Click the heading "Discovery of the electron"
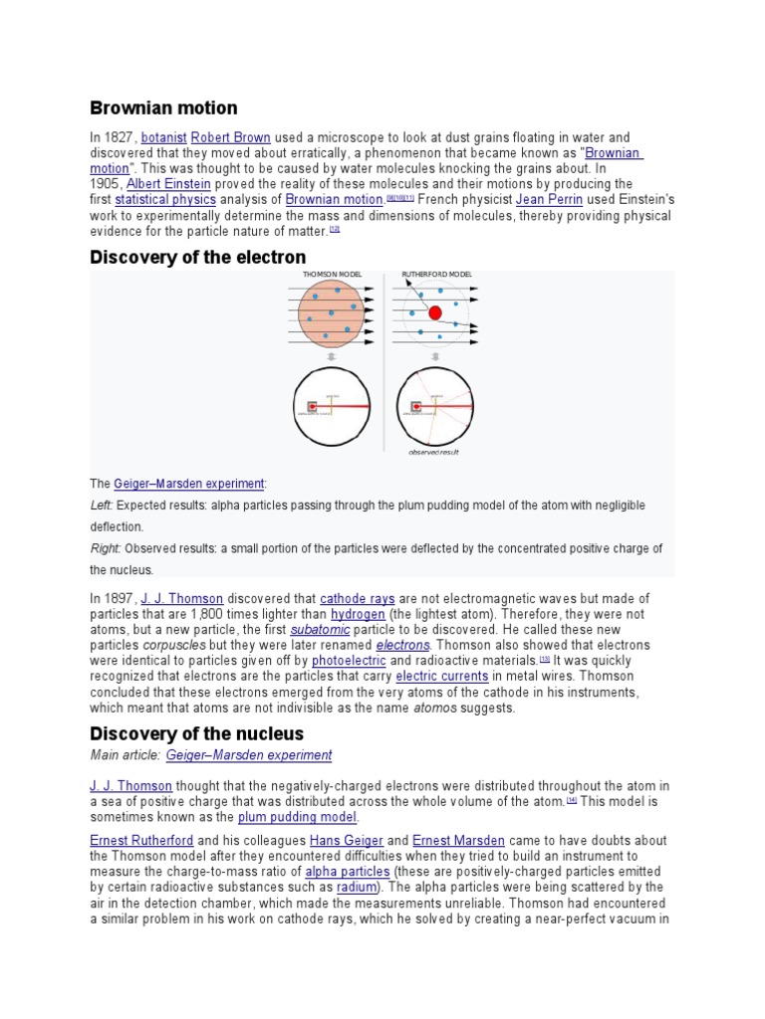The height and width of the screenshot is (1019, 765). (x=198, y=258)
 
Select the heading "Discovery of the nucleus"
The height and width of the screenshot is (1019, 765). (x=197, y=733)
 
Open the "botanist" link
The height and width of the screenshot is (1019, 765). (x=164, y=137)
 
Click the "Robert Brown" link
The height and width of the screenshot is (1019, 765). (x=230, y=137)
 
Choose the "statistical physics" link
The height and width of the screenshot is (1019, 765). (x=165, y=200)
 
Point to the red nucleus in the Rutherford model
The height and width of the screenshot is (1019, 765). (x=435, y=312)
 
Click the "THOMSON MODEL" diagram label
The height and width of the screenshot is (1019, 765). (x=332, y=274)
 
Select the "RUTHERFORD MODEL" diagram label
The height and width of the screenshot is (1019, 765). (x=436, y=274)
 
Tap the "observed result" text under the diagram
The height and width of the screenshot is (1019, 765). (x=433, y=452)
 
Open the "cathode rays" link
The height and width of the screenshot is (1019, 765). (x=358, y=599)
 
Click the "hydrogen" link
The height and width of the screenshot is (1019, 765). (x=358, y=615)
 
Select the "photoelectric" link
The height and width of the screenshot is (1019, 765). (x=348, y=661)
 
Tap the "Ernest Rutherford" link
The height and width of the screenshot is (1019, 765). (x=136, y=841)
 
